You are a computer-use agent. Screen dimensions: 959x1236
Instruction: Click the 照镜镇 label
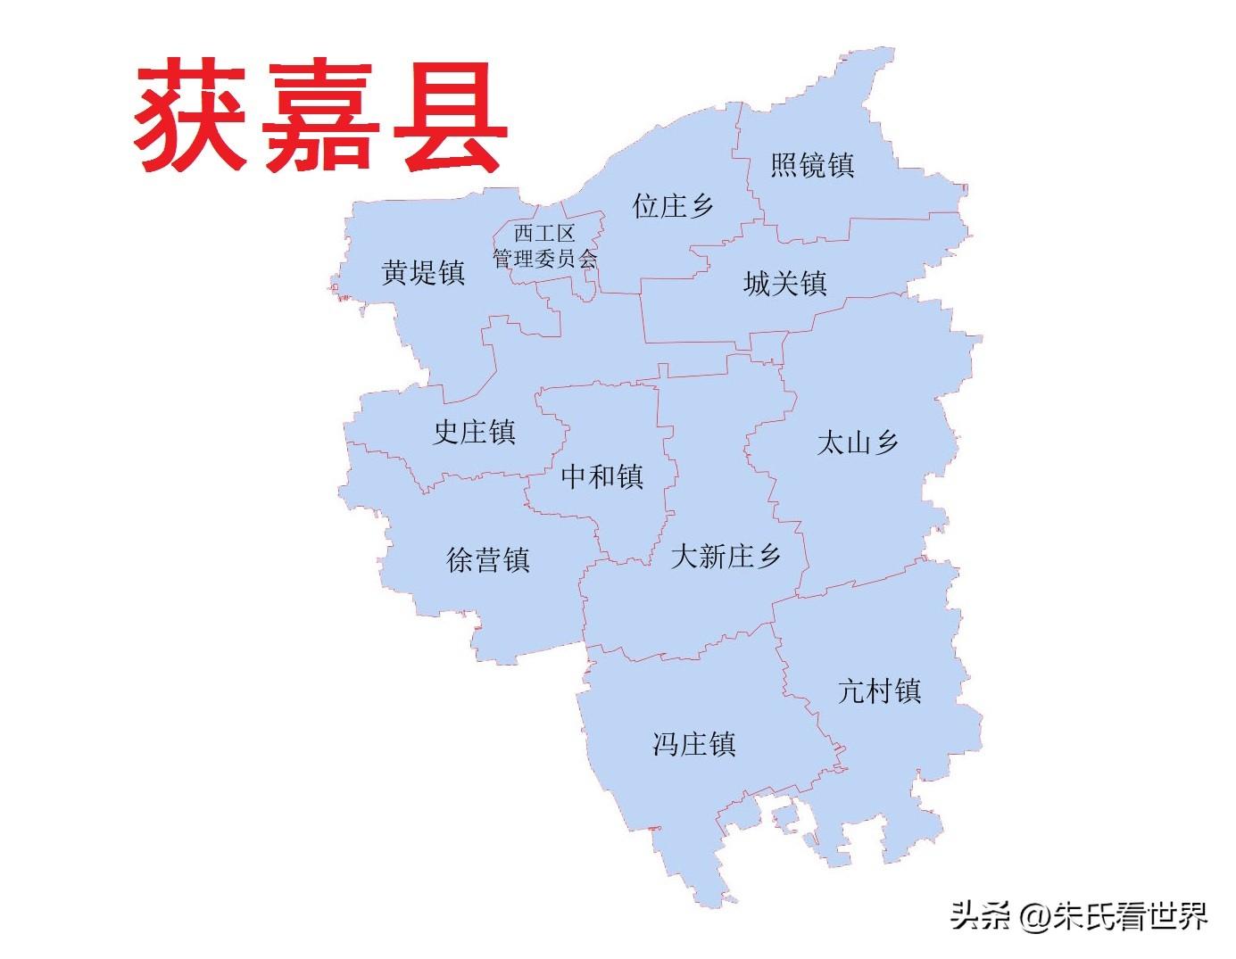(812, 165)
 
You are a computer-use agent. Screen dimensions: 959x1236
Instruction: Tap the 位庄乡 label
(673, 206)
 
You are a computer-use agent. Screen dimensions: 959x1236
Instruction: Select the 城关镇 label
(785, 284)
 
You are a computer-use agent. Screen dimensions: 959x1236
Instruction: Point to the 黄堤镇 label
(423, 272)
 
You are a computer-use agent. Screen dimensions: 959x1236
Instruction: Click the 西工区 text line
(544, 234)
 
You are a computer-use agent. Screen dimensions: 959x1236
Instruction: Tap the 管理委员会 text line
(544, 259)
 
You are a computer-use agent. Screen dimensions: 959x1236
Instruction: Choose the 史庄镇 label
(474, 433)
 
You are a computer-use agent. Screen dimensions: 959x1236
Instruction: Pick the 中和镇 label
(602, 476)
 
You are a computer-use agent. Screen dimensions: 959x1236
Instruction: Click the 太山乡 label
(858, 442)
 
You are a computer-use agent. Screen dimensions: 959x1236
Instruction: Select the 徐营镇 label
(488, 560)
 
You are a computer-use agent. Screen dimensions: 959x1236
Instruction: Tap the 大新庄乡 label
(726, 557)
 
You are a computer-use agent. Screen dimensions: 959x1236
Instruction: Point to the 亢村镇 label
(879, 690)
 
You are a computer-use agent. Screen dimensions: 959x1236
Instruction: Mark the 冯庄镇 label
(693, 744)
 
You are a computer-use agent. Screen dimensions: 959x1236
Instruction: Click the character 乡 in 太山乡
(886, 442)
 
